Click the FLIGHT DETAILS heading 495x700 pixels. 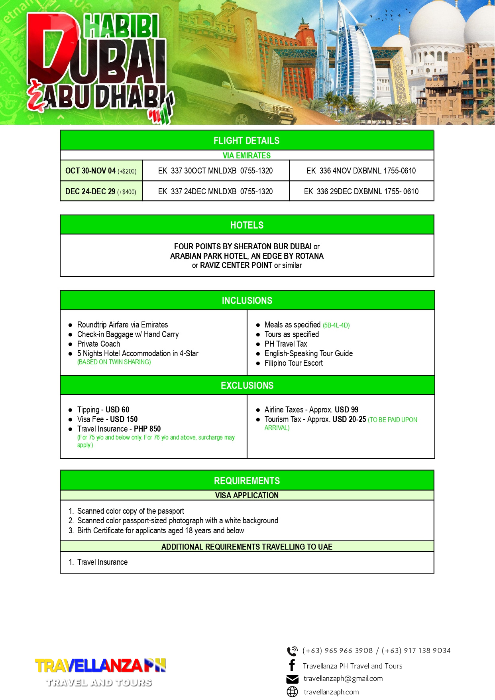pyautogui.click(x=246, y=141)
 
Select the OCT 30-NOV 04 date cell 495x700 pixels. pyautogui.click(x=101, y=171)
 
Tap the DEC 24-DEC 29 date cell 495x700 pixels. pyautogui.click(x=101, y=192)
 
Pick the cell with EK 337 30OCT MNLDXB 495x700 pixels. pyautogui.click(x=215, y=171)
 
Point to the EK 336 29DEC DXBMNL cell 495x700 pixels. pyautogui.click(x=361, y=192)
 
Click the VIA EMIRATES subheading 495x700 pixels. pyautogui.click(x=246, y=156)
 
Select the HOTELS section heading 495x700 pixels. pyautogui.click(x=247, y=225)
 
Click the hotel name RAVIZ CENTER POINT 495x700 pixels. pyautogui.click(x=236, y=266)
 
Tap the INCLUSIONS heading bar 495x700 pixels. pyautogui.click(x=247, y=301)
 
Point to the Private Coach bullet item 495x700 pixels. pyautogui.click(x=98, y=344)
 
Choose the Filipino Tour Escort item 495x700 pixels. pyautogui.click(x=293, y=363)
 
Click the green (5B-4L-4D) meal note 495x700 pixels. pyautogui.click(x=336, y=325)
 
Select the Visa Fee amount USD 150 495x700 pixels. pyautogui.click(x=124, y=420)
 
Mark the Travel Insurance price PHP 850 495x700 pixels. pyautogui.click(x=147, y=429)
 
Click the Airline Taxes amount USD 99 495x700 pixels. pyautogui.click(x=346, y=410)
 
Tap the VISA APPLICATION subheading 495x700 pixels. pyautogui.click(x=247, y=496)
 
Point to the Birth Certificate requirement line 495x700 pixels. pyautogui.click(x=160, y=531)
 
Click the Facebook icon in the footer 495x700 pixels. pyautogui.click(x=292, y=665)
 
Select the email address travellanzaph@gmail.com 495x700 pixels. pyautogui.click(x=343, y=679)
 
